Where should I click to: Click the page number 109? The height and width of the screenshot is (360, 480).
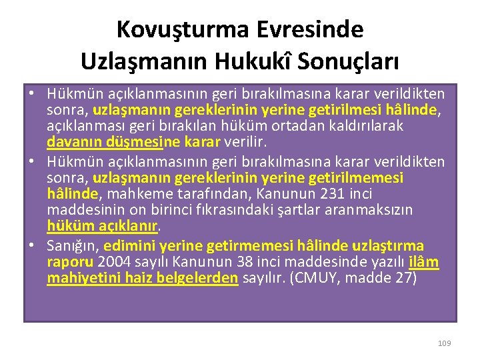point(445,343)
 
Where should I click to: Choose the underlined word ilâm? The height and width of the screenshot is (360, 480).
point(424,261)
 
